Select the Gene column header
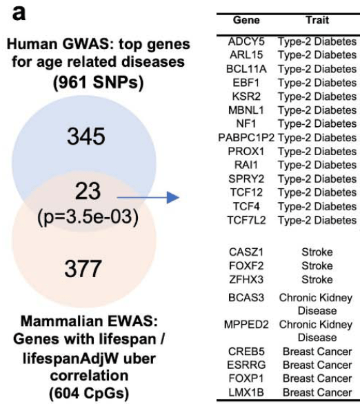pyautogui.click(x=246, y=21)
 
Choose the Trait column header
pyautogui.click(x=316, y=21)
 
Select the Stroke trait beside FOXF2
pyautogui.click(x=317, y=266)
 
